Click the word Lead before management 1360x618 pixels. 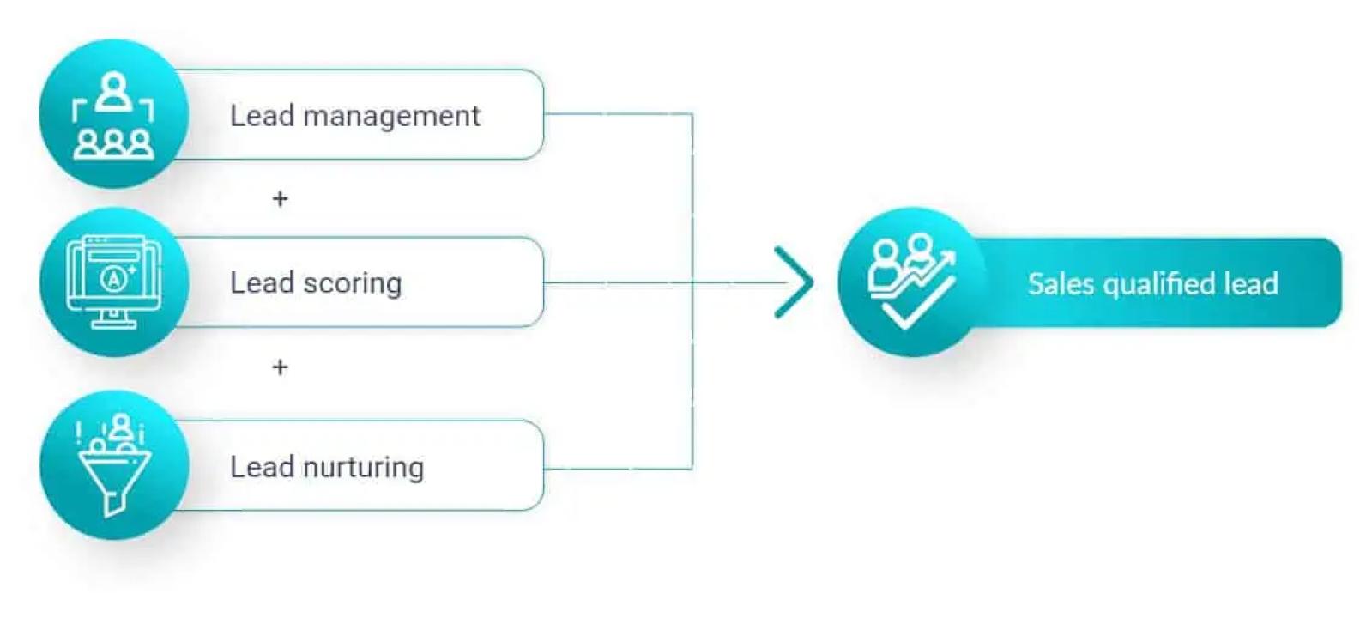262,116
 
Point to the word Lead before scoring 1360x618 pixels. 262,283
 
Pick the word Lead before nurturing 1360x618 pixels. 262,467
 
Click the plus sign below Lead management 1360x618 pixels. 280,199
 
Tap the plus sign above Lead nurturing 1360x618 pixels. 280,367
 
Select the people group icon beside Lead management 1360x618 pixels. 113,115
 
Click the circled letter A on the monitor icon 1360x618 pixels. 112,278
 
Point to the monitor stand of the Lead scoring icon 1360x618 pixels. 113,319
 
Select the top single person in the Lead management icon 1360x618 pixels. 113,90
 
